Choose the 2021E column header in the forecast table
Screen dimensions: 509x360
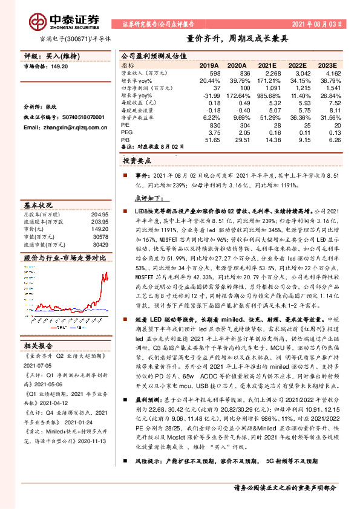[267, 65]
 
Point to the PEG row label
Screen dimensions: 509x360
[126, 133]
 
